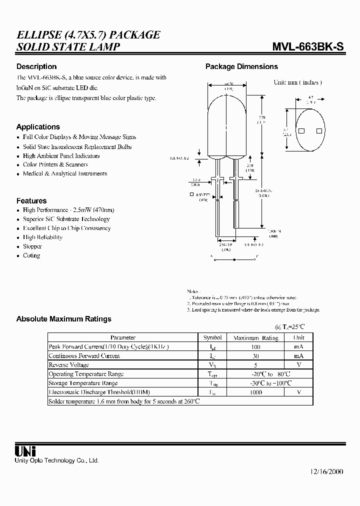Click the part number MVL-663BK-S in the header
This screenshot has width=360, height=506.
pyautogui.click(x=308, y=47)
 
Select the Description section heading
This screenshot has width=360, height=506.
pyautogui.click(x=36, y=66)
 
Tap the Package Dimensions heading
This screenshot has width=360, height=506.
pyautogui.click(x=241, y=66)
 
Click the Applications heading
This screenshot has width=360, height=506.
pyautogui.click(x=38, y=127)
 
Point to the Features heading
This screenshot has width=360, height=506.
pyautogui.click(x=31, y=200)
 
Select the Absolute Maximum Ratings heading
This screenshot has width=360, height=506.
pyautogui.click(x=64, y=319)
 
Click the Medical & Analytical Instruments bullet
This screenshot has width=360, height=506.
pyautogui.click(x=65, y=174)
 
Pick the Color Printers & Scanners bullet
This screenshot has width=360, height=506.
pyautogui.click(x=55, y=164)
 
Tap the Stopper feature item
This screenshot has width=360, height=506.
pyautogui.click(x=32, y=246)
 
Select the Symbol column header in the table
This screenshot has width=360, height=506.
pyautogui.click(x=212, y=338)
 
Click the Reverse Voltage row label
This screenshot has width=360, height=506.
pyautogui.click(x=68, y=365)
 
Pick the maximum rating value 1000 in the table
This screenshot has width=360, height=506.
pyautogui.click(x=255, y=392)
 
